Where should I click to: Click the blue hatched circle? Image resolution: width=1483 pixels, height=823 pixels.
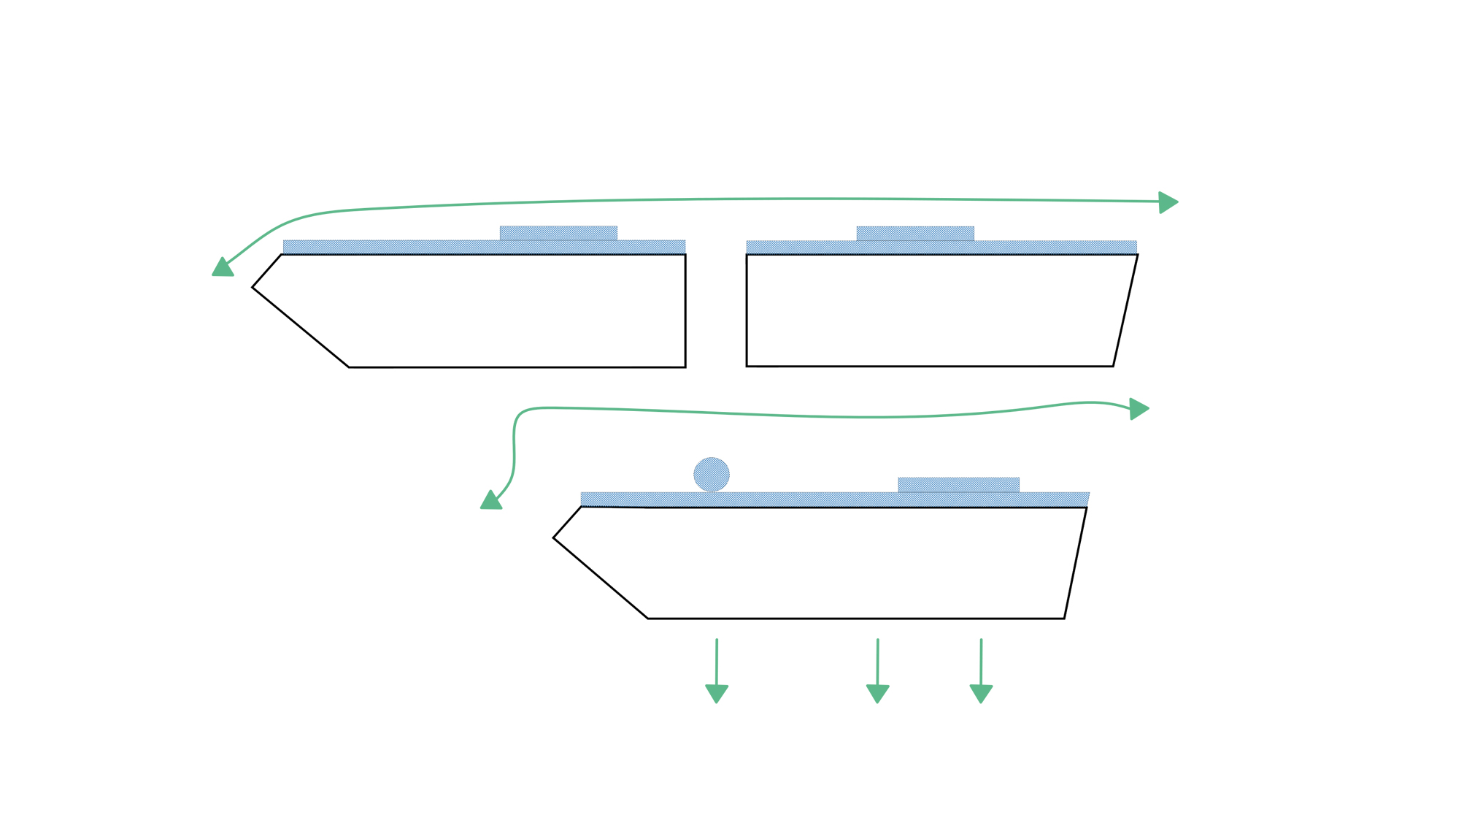point(711,474)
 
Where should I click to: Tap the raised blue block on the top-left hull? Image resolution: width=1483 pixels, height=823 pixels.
point(558,233)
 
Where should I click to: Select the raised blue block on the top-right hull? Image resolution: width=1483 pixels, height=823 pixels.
point(915,233)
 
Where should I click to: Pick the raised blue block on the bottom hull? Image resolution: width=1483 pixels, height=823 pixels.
point(958,485)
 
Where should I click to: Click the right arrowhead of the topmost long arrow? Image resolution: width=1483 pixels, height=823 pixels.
point(1168,202)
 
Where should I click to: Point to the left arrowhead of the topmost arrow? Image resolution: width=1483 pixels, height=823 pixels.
point(223,267)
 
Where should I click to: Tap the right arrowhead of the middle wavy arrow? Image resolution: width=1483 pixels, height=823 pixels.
point(1139,409)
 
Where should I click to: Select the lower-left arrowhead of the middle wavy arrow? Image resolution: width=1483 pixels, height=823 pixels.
point(491,500)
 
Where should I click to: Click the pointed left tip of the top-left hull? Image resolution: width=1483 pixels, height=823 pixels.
point(253,288)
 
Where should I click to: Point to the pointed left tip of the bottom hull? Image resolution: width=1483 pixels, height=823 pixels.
point(553,538)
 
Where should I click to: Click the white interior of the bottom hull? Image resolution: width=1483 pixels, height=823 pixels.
point(839,562)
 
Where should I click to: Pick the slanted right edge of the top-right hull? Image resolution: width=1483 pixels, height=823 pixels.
point(1125,310)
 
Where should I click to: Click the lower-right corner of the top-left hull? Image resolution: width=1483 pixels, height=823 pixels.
point(685,367)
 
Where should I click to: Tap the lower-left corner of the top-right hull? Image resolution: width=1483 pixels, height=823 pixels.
point(747,366)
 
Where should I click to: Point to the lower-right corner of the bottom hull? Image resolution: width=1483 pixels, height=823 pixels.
point(1064,619)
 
